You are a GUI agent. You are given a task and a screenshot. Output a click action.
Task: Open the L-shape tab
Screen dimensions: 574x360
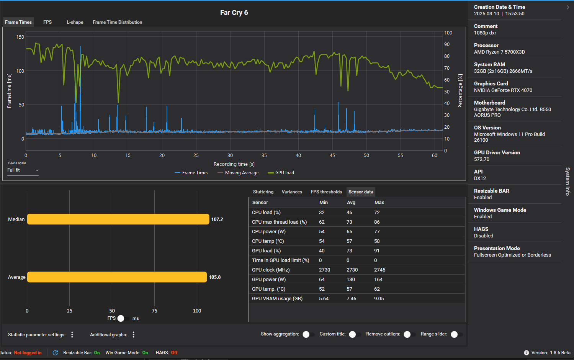(75, 22)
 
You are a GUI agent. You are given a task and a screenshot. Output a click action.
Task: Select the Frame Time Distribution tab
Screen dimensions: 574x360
(117, 22)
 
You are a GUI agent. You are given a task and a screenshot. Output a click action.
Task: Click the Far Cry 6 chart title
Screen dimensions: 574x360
(234, 13)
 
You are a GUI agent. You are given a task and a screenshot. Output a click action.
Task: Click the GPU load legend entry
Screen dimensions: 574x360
(281, 173)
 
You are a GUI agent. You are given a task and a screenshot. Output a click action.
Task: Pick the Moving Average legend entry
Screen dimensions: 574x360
(238, 173)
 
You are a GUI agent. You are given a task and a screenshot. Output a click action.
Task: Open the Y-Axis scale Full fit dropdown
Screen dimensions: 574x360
(23, 170)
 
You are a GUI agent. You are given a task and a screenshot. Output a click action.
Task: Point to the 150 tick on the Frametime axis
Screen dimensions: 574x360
(20, 37)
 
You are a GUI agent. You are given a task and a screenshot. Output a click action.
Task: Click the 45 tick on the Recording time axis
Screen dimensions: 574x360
(332, 155)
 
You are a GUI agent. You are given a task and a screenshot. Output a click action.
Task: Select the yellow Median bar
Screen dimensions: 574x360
(118, 219)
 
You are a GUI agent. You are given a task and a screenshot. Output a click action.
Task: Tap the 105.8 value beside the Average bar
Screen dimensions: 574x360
(215, 277)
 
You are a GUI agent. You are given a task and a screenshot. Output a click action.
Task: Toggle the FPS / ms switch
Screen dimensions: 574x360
(123, 318)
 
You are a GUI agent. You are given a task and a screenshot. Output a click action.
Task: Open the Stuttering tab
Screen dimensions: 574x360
(263, 192)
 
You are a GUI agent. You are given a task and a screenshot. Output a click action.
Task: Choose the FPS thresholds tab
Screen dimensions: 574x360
(326, 192)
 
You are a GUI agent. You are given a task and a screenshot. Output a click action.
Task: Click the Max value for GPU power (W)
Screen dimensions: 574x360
(378, 279)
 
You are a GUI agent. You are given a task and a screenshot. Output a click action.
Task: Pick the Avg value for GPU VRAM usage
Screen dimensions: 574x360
(351, 298)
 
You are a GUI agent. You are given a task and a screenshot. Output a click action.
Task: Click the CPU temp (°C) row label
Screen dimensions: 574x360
(268, 241)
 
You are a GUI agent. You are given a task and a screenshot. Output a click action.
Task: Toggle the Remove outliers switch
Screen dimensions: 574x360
(409, 334)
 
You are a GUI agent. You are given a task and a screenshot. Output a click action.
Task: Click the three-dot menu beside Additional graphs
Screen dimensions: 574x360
(134, 334)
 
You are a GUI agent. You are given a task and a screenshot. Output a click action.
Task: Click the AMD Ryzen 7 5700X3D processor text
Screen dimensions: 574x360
(499, 52)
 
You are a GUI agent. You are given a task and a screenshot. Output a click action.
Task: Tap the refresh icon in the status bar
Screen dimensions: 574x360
(56, 353)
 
